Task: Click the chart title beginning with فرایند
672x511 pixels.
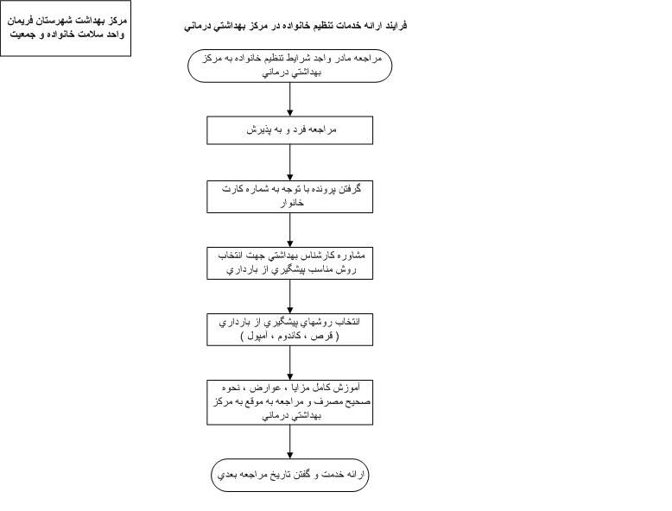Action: coord(295,26)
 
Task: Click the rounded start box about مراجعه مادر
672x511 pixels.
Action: coord(289,65)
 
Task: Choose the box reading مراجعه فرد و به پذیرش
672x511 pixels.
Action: coord(289,129)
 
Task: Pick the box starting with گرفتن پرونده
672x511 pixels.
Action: coord(289,196)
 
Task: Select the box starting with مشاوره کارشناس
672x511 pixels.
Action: coord(289,263)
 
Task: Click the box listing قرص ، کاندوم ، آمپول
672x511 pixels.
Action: coord(289,330)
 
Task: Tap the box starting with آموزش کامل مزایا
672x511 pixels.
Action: coord(289,401)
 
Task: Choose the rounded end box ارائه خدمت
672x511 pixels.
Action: coord(289,475)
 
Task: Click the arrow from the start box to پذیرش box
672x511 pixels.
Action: coord(289,99)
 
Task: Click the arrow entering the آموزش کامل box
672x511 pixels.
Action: coord(289,363)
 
